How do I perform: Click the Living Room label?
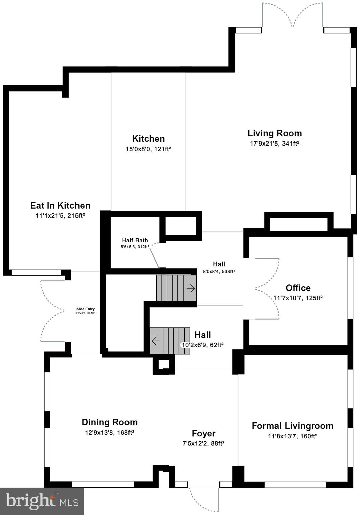(274, 133)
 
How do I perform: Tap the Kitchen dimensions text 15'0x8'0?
(148, 149)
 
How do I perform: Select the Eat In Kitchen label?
(60, 205)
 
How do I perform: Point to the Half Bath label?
(135, 240)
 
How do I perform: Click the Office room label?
(298, 288)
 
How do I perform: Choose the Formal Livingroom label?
(293, 426)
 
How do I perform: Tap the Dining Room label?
(109, 422)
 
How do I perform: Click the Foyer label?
(203, 433)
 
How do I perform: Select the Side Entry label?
(86, 309)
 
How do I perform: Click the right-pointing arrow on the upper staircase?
(191, 288)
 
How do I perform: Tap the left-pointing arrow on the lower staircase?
(155, 341)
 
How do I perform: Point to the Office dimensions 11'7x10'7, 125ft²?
(298, 298)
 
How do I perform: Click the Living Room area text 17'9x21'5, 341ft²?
(274, 144)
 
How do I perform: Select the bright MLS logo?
(42, 501)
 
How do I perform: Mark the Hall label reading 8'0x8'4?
(219, 264)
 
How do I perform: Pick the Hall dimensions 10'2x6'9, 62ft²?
(203, 345)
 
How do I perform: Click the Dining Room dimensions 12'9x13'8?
(109, 433)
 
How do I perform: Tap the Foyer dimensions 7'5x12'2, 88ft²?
(203, 443)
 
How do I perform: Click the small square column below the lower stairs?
(164, 364)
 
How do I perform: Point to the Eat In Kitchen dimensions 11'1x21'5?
(60, 216)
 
